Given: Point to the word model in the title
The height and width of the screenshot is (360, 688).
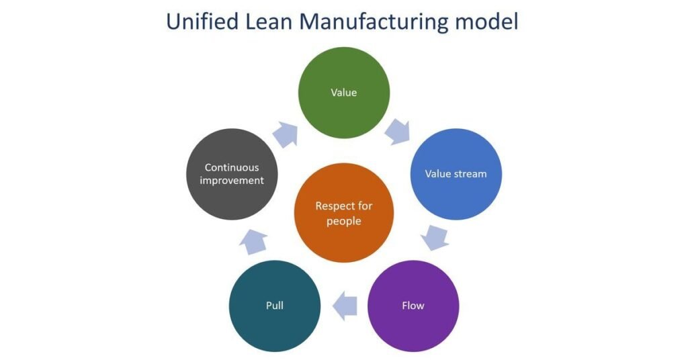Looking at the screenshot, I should pyautogui.click(x=486, y=21).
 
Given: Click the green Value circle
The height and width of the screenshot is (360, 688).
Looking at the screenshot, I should pyautogui.click(x=343, y=93).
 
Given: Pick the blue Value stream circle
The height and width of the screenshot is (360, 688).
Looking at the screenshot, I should pyautogui.click(x=456, y=174).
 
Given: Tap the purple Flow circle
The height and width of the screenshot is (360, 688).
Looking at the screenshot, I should pyautogui.click(x=413, y=306).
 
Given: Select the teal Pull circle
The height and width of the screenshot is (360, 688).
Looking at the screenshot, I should pyautogui.click(x=275, y=306).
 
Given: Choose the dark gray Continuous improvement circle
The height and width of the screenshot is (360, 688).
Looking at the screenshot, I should pyautogui.click(x=232, y=174).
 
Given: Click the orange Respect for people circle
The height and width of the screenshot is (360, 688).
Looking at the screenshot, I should pyautogui.click(x=343, y=214).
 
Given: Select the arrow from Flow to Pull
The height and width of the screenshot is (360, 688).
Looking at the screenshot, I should pyautogui.click(x=345, y=306).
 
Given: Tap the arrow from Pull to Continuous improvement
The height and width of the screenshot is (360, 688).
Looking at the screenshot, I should pyautogui.click(x=253, y=240).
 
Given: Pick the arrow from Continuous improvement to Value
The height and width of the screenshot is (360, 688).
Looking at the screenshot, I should pyautogui.click(x=285, y=134).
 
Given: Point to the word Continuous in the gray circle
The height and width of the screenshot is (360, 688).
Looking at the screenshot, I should pyautogui.click(x=232, y=167).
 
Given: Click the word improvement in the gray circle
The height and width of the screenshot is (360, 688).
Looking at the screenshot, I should pyautogui.click(x=232, y=181).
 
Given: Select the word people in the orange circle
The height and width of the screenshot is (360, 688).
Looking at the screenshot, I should pyautogui.click(x=343, y=221).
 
